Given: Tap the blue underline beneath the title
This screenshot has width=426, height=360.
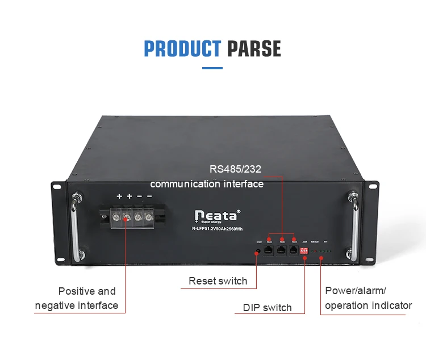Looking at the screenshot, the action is tap(212, 68).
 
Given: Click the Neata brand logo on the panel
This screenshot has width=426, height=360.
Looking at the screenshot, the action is tap(218, 216).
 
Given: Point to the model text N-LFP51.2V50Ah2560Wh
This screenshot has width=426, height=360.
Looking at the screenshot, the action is tap(218, 228).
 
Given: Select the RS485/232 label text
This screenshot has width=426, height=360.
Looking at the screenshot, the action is tap(235, 169).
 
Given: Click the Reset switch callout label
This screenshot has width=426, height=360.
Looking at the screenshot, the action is tap(218, 281).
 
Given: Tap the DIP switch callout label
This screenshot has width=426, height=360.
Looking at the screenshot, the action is tap(267, 308).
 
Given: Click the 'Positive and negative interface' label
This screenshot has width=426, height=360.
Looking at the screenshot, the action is tap(80, 298).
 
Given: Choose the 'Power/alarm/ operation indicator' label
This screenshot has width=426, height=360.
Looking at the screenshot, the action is tap(367, 298).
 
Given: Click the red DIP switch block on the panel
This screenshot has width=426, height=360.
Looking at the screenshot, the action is tap(305, 250).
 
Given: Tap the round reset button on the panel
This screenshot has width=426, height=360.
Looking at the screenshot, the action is tap(258, 250).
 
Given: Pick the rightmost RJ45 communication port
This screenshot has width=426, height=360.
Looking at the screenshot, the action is tap(293, 249).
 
